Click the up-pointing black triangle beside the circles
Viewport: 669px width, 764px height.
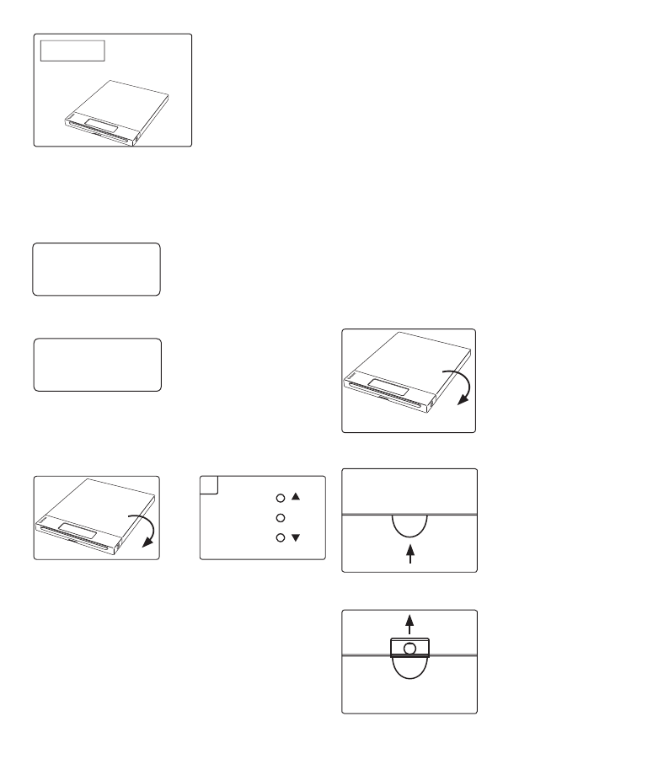(x=296, y=498)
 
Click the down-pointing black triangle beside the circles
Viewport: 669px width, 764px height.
(x=296, y=537)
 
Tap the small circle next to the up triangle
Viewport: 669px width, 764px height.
(x=281, y=498)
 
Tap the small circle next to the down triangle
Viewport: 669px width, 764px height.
(x=281, y=537)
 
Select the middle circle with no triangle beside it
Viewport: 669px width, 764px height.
(x=281, y=517)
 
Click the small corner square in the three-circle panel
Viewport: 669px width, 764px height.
(x=210, y=484)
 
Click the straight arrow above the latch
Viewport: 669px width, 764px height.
(x=410, y=623)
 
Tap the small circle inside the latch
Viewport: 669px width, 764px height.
(x=410, y=649)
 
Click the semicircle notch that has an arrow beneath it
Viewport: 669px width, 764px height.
(x=410, y=527)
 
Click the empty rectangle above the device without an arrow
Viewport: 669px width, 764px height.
(x=72, y=50)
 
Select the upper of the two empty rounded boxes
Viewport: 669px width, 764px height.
(x=96, y=270)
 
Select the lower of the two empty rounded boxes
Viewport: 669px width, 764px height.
(x=97, y=365)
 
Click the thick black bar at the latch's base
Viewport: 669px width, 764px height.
(x=410, y=656)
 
